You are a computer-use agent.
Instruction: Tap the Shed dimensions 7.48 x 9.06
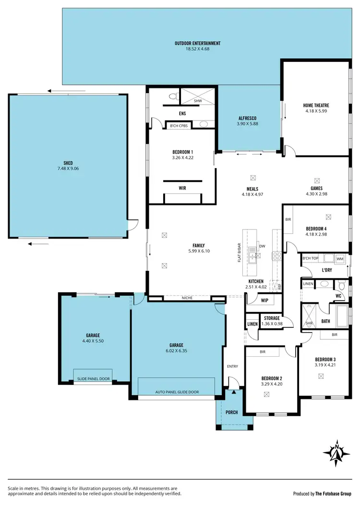pos(67,169)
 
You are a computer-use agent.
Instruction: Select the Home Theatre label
pos(316,106)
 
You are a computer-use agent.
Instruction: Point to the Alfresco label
pos(248,118)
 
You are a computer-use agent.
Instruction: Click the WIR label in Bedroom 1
pos(182,188)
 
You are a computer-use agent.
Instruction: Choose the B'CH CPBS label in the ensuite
pos(180,125)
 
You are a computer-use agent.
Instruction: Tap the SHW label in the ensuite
pos(198,101)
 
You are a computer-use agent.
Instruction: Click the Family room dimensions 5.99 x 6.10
pos(198,251)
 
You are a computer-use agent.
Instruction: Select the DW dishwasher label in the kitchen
pos(262,246)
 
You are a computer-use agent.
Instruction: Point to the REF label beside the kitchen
pos(279,287)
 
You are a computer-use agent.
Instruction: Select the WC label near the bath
pos(338,296)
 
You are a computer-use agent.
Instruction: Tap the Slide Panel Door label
pos(93,379)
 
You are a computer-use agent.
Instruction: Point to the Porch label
pos(232,412)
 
